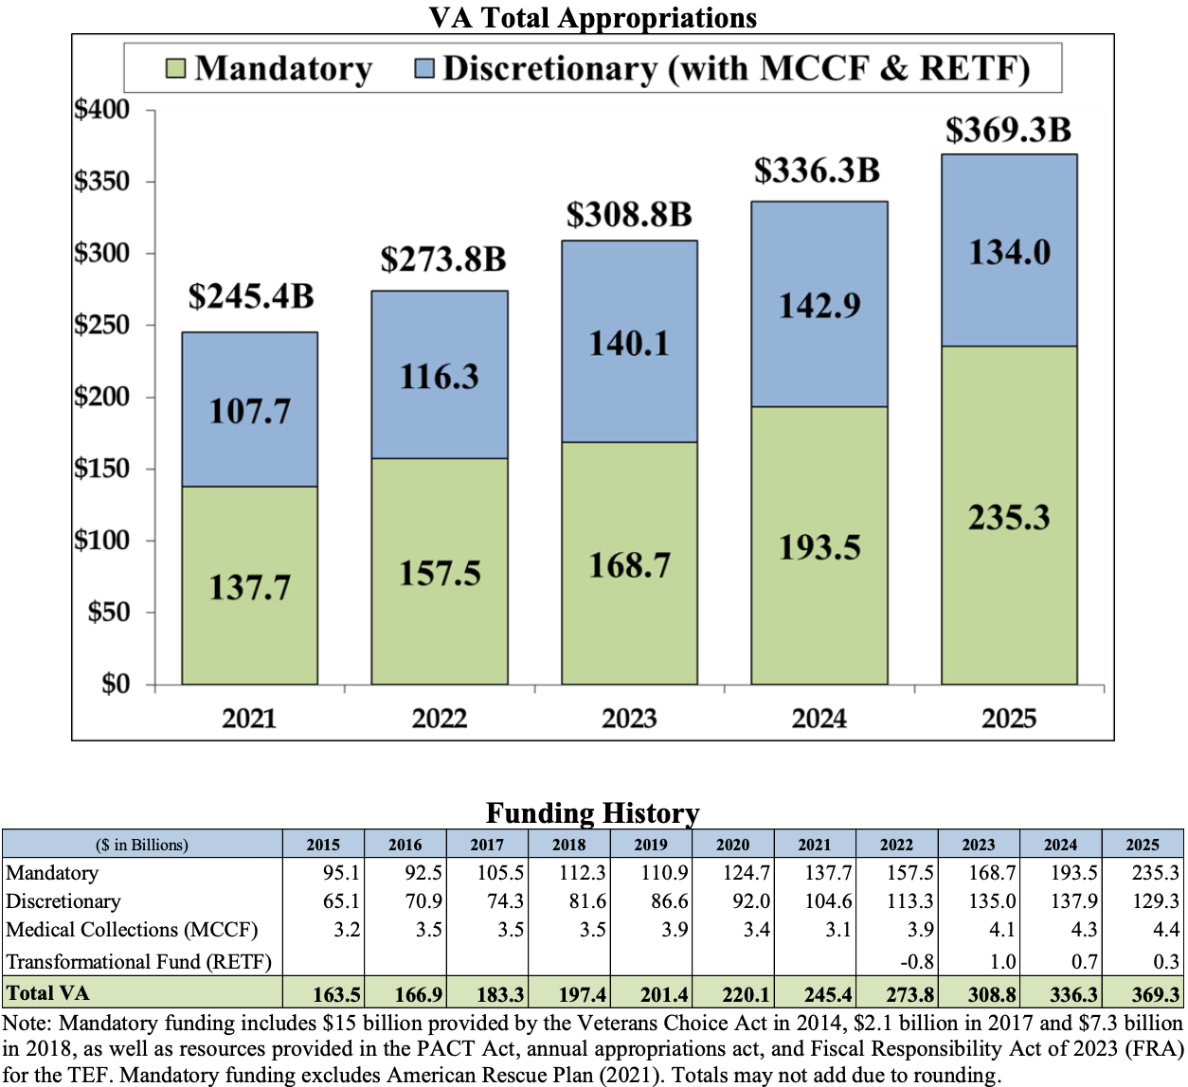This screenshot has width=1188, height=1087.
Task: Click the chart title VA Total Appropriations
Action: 593,18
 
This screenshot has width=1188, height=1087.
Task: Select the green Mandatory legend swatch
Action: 175,68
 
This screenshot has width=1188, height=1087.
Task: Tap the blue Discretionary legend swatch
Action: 424,68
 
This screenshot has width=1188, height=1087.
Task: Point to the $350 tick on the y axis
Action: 102,181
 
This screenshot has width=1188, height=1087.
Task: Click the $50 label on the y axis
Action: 109,612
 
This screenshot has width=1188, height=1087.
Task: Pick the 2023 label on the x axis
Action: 629,719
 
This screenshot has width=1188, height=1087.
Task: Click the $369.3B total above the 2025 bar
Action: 1008,131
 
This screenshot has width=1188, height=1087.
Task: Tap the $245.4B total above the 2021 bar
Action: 250,296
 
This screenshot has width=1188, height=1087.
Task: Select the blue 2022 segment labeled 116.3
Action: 440,376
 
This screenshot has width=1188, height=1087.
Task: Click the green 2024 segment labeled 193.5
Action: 819,547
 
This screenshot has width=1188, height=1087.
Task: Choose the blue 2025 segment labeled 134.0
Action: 1009,252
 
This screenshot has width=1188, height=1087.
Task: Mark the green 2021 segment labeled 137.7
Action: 250,587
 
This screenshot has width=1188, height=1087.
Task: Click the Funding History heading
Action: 593,813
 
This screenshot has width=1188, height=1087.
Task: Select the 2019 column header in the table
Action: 651,845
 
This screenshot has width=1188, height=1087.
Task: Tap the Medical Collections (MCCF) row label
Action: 132,930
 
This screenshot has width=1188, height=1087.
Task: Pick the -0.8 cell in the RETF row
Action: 916,962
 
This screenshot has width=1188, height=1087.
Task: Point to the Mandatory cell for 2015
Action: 341,873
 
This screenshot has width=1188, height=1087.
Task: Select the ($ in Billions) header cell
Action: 142,845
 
